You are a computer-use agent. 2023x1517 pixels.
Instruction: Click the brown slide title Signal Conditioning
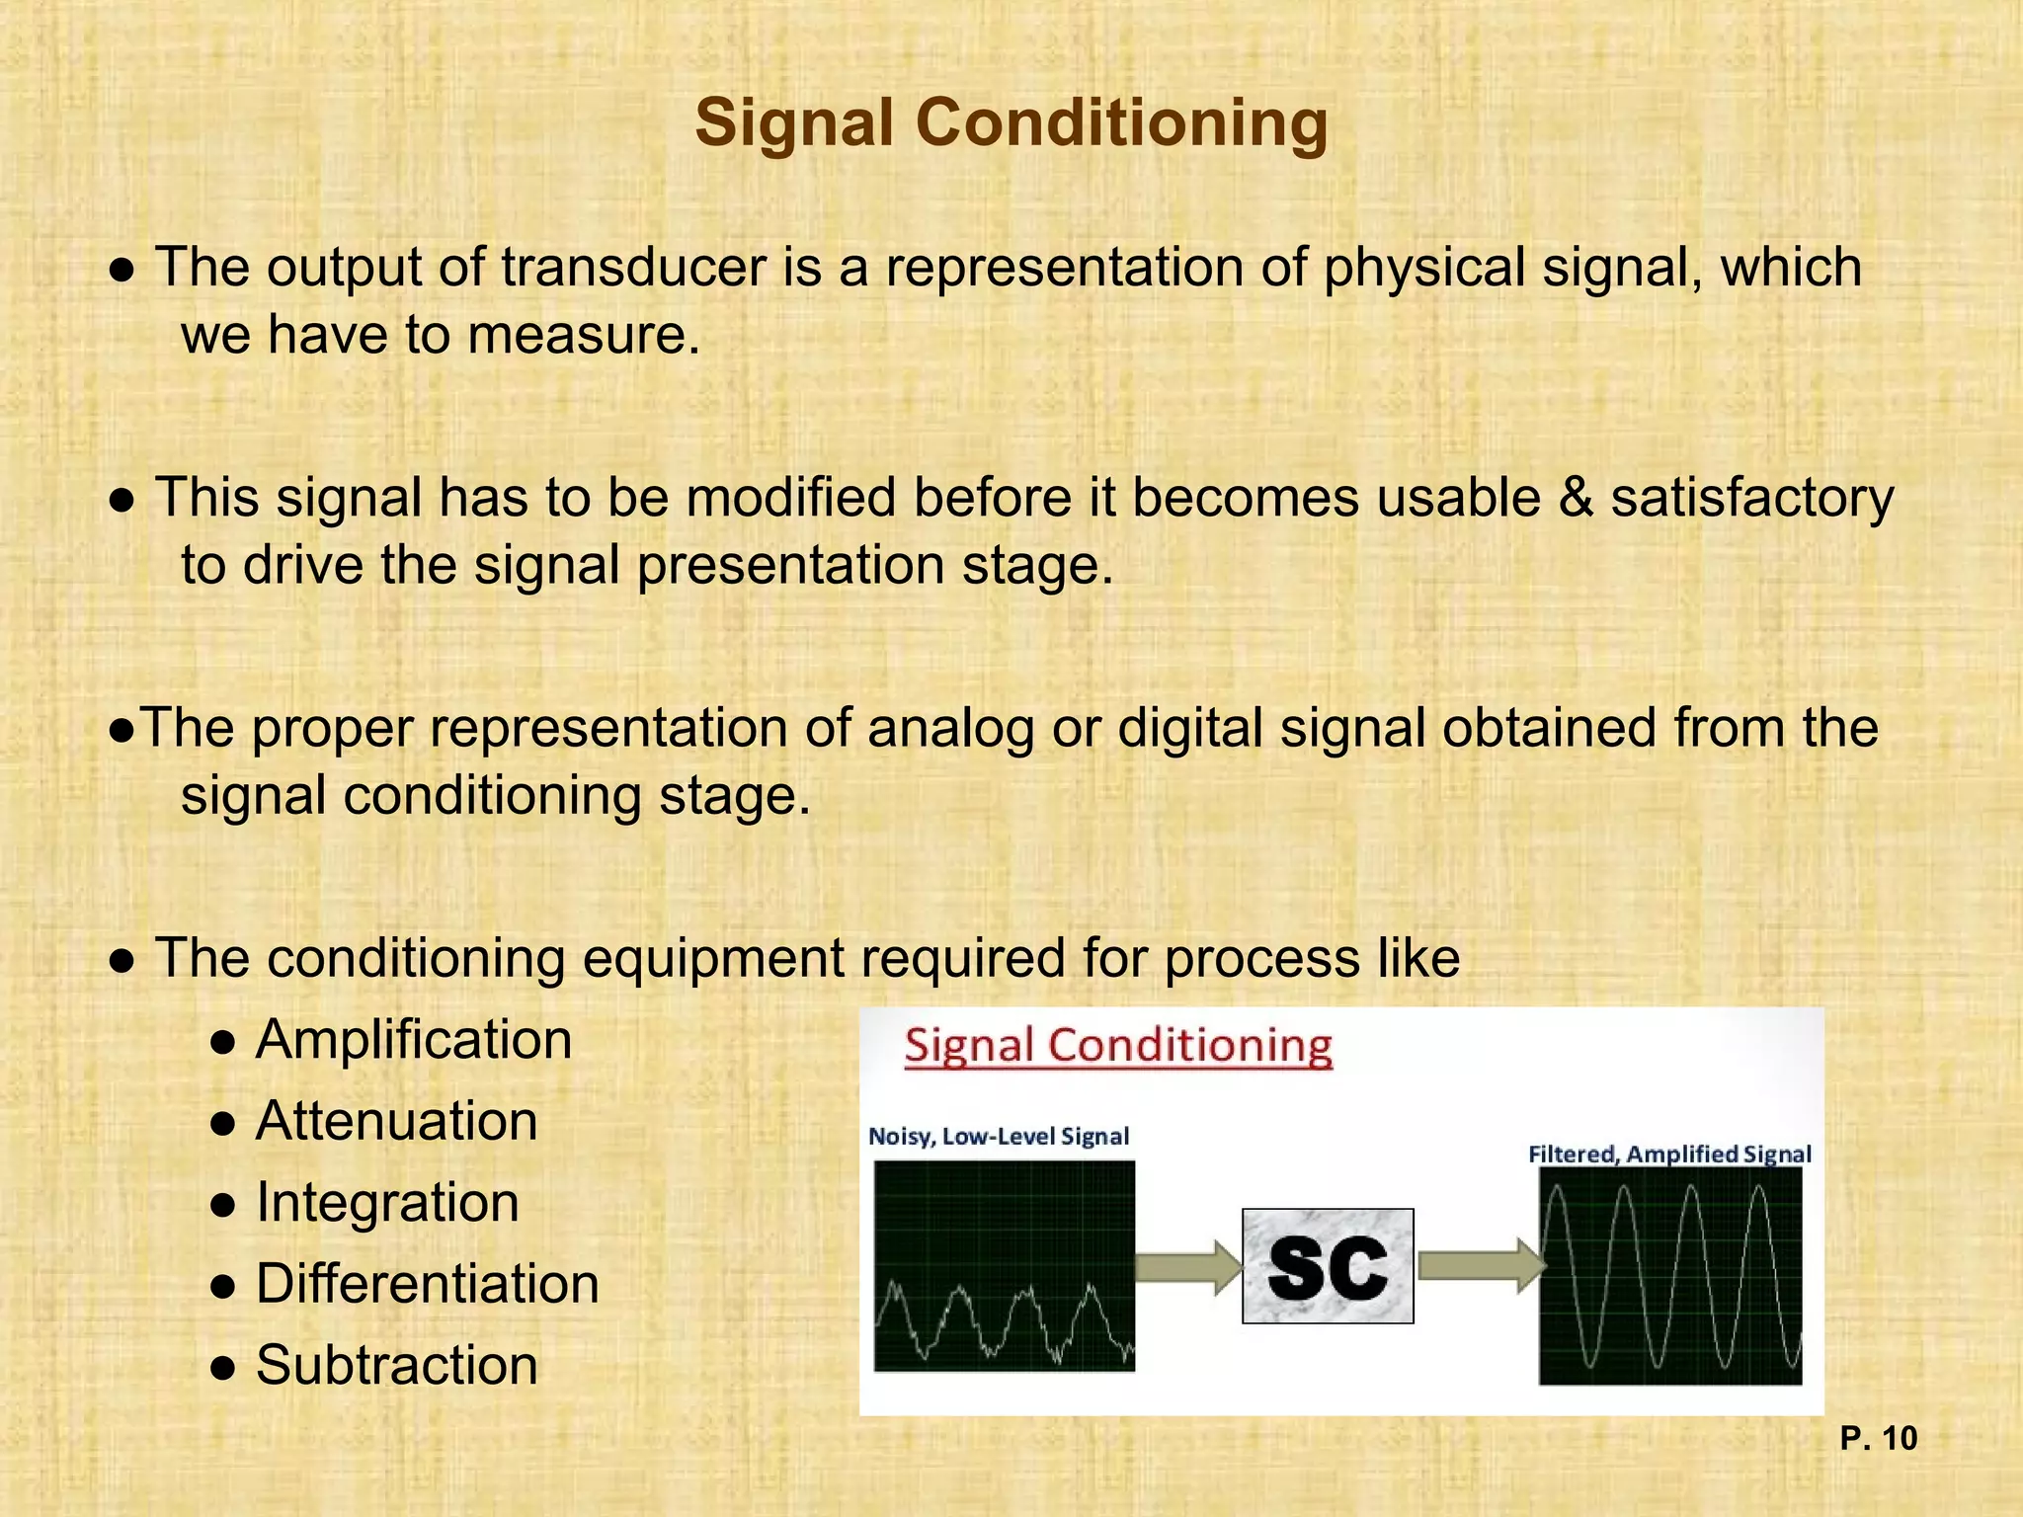[1011, 123]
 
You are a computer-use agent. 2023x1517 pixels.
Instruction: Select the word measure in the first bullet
[583, 336]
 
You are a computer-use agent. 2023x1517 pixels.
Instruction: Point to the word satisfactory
[1752, 498]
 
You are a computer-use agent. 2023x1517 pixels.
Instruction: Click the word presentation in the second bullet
[790, 566]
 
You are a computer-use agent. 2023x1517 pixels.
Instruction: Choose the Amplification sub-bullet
[413, 1040]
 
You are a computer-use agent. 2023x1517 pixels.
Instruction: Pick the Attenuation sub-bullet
[396, 1122]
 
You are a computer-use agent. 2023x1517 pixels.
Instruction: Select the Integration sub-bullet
[387, 1203]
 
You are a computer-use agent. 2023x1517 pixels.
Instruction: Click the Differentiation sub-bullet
[427, 1284]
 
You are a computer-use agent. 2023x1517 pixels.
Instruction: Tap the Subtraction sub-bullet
[396, 1366]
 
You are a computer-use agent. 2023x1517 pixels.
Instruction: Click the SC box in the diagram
[1328, 1266]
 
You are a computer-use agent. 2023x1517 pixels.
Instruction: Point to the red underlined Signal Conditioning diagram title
[1118, 1046]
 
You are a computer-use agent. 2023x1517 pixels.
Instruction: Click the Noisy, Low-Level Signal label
[999, 1137]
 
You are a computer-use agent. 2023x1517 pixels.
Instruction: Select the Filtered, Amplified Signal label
[1669, 1155]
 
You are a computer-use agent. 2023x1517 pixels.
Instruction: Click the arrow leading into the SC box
[1188, 1266]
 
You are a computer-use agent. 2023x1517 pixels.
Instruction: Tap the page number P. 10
[1878, 1439]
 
